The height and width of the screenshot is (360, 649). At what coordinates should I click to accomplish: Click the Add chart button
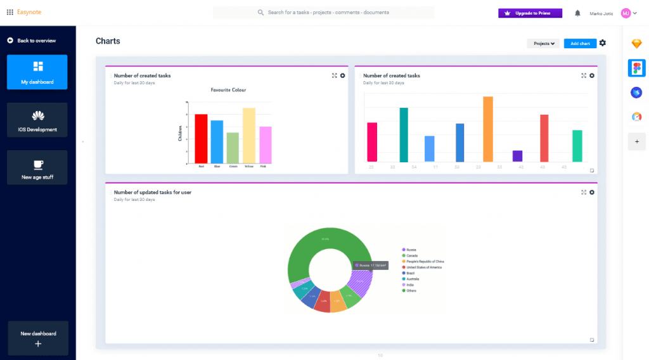pos(580,44)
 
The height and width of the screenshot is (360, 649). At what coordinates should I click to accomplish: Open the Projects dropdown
pos(543,44)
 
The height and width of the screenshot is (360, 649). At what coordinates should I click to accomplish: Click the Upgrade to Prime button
pos(530,13)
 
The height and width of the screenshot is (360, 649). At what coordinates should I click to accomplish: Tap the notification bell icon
pos(577,13)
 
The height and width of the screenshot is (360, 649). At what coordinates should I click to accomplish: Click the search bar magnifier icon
pos(260,13)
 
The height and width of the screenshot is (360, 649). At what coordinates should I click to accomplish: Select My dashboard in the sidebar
pos(37,72)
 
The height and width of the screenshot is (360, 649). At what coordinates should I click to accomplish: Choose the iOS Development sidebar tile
pos(37,120)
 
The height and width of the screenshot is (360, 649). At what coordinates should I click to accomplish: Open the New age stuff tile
pos(37,167)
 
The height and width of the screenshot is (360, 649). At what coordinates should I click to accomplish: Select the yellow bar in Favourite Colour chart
pos(249,135)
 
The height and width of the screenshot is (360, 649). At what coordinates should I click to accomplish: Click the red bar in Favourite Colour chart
pos(201,138)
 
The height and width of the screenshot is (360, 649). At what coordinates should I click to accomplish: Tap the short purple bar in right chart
pos(517,156)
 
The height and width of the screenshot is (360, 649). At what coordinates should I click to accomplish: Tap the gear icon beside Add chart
pos(603,43)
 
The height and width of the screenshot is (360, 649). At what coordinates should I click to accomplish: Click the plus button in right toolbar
pos(636,141)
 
